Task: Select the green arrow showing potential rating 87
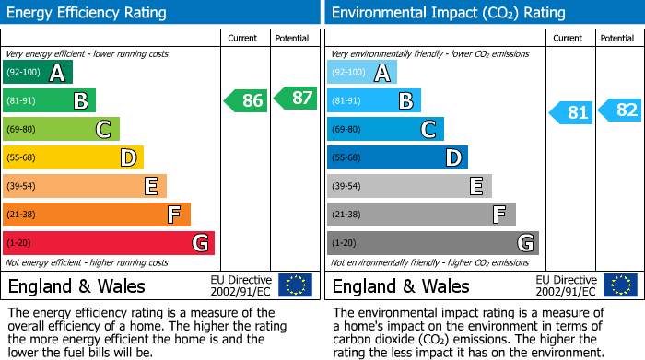[294, 98]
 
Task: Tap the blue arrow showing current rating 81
[571, 112]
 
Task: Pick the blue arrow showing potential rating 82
[620, 110]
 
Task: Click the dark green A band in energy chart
[38, 73]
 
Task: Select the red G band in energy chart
[109, 243]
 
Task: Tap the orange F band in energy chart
[97, 215]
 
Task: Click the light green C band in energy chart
[62, 129]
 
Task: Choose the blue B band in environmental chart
[374, 100]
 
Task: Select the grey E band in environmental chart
[409, 186]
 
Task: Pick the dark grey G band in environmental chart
[433, 243]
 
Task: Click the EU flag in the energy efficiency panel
[295, 285]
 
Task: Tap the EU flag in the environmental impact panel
[619, 285]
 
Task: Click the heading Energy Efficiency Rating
[88, 13]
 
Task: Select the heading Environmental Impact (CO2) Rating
[448, 13]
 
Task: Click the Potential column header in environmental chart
[617, 38]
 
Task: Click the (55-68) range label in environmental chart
[347, 157]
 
